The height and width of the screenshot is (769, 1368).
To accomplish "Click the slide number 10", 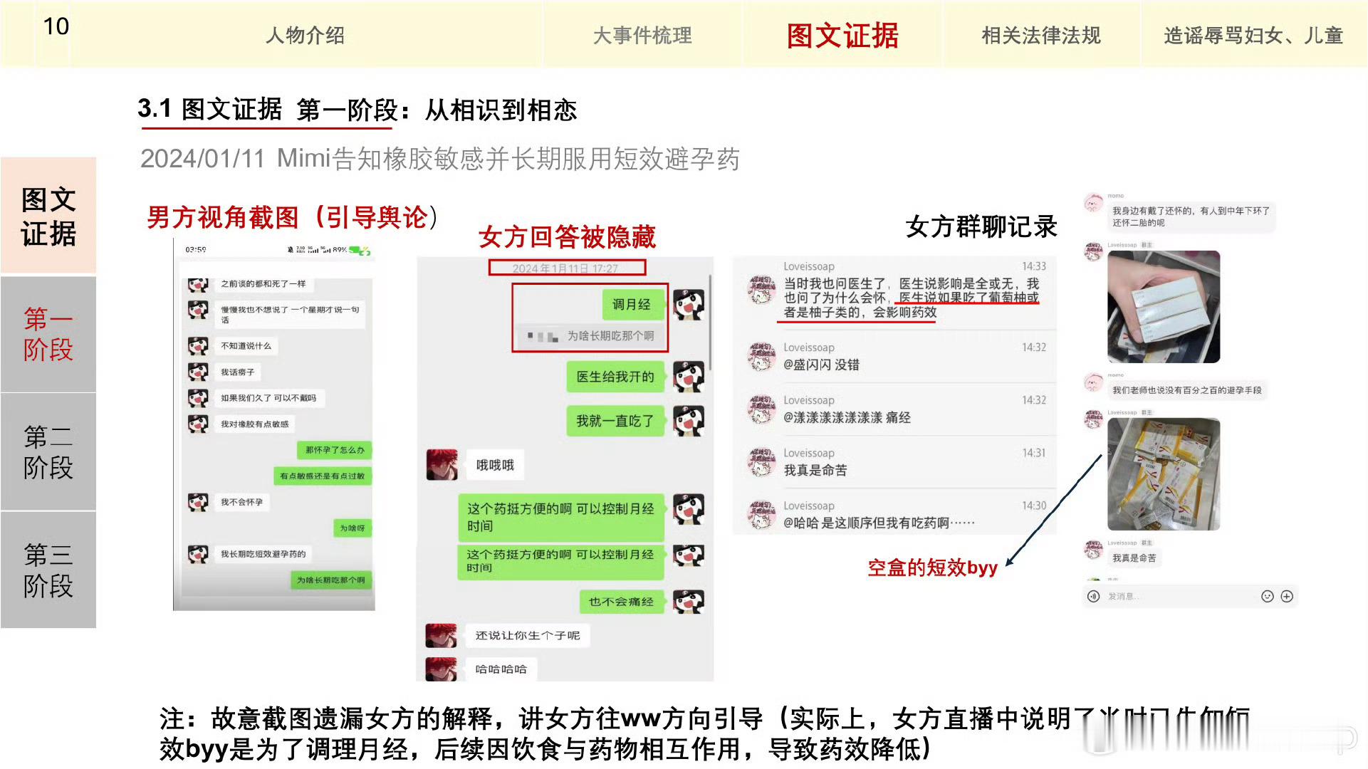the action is coord(56,27).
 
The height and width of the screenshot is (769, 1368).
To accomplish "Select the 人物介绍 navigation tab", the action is coord(305,35).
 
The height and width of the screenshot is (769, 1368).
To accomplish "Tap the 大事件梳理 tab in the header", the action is coord(642,35).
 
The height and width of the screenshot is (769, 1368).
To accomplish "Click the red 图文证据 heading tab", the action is coord(842,35).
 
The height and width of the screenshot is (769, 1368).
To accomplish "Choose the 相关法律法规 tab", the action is coord(1040,35).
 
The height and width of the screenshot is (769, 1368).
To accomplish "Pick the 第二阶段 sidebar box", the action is coord(48,451).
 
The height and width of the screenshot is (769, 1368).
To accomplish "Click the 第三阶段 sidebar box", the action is coord(48,570).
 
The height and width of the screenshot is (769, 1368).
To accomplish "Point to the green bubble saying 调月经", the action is coord(631,305).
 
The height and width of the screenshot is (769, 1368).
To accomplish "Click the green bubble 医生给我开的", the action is coord(615,377).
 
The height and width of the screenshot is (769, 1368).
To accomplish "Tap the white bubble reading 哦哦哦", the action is coord(495,465).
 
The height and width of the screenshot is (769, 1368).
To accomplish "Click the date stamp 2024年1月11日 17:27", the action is coord(566,268).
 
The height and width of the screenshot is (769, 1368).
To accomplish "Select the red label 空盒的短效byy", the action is coord(932,567).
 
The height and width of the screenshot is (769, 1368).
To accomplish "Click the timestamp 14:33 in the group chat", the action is coord(1034,266).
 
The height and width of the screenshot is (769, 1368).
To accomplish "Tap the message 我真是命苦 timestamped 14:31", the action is coord(815,470).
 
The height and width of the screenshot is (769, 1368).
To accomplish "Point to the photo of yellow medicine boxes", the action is coord(1163,474).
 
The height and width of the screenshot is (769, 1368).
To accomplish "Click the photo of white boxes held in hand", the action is coord(1163,307).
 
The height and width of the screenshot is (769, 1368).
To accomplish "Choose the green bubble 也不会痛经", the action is coord(621,602).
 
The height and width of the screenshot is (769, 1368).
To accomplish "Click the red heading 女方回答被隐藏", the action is coord(567,237).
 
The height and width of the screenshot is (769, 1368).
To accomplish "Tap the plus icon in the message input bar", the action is coord(1287,597).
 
